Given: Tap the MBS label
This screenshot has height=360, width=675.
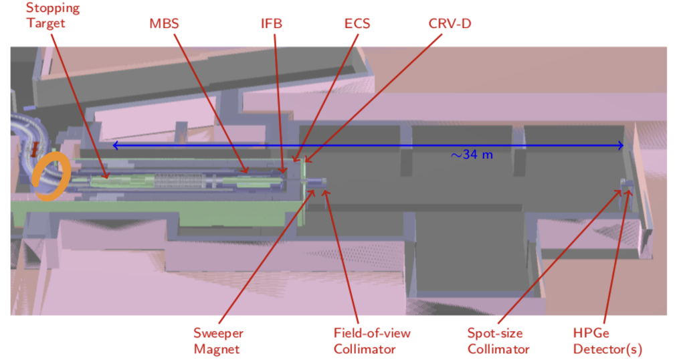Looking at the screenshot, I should (163, 24).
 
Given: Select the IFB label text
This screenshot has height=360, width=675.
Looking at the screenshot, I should (272, 24).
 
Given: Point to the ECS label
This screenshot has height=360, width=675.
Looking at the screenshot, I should (357, 24).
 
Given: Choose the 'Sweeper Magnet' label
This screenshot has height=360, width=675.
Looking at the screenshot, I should (218, 341).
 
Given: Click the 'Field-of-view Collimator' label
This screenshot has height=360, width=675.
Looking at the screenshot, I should (372, 341).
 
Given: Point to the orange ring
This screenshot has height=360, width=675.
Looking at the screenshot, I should (50, 177).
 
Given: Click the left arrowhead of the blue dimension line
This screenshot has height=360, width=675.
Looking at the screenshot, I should (115, 145).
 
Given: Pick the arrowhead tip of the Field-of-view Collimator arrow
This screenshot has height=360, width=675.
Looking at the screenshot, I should (326, 191).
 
